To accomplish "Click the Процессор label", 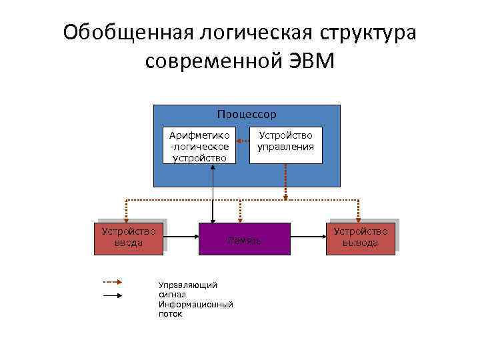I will [247, 115].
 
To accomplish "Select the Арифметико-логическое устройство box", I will [200, 145].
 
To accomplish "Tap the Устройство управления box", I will [286, 145].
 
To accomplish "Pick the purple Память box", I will [245, 239].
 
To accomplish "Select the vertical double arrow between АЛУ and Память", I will [213, 193].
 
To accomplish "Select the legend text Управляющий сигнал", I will [187, 289].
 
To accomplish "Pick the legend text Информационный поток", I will [195, 309].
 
